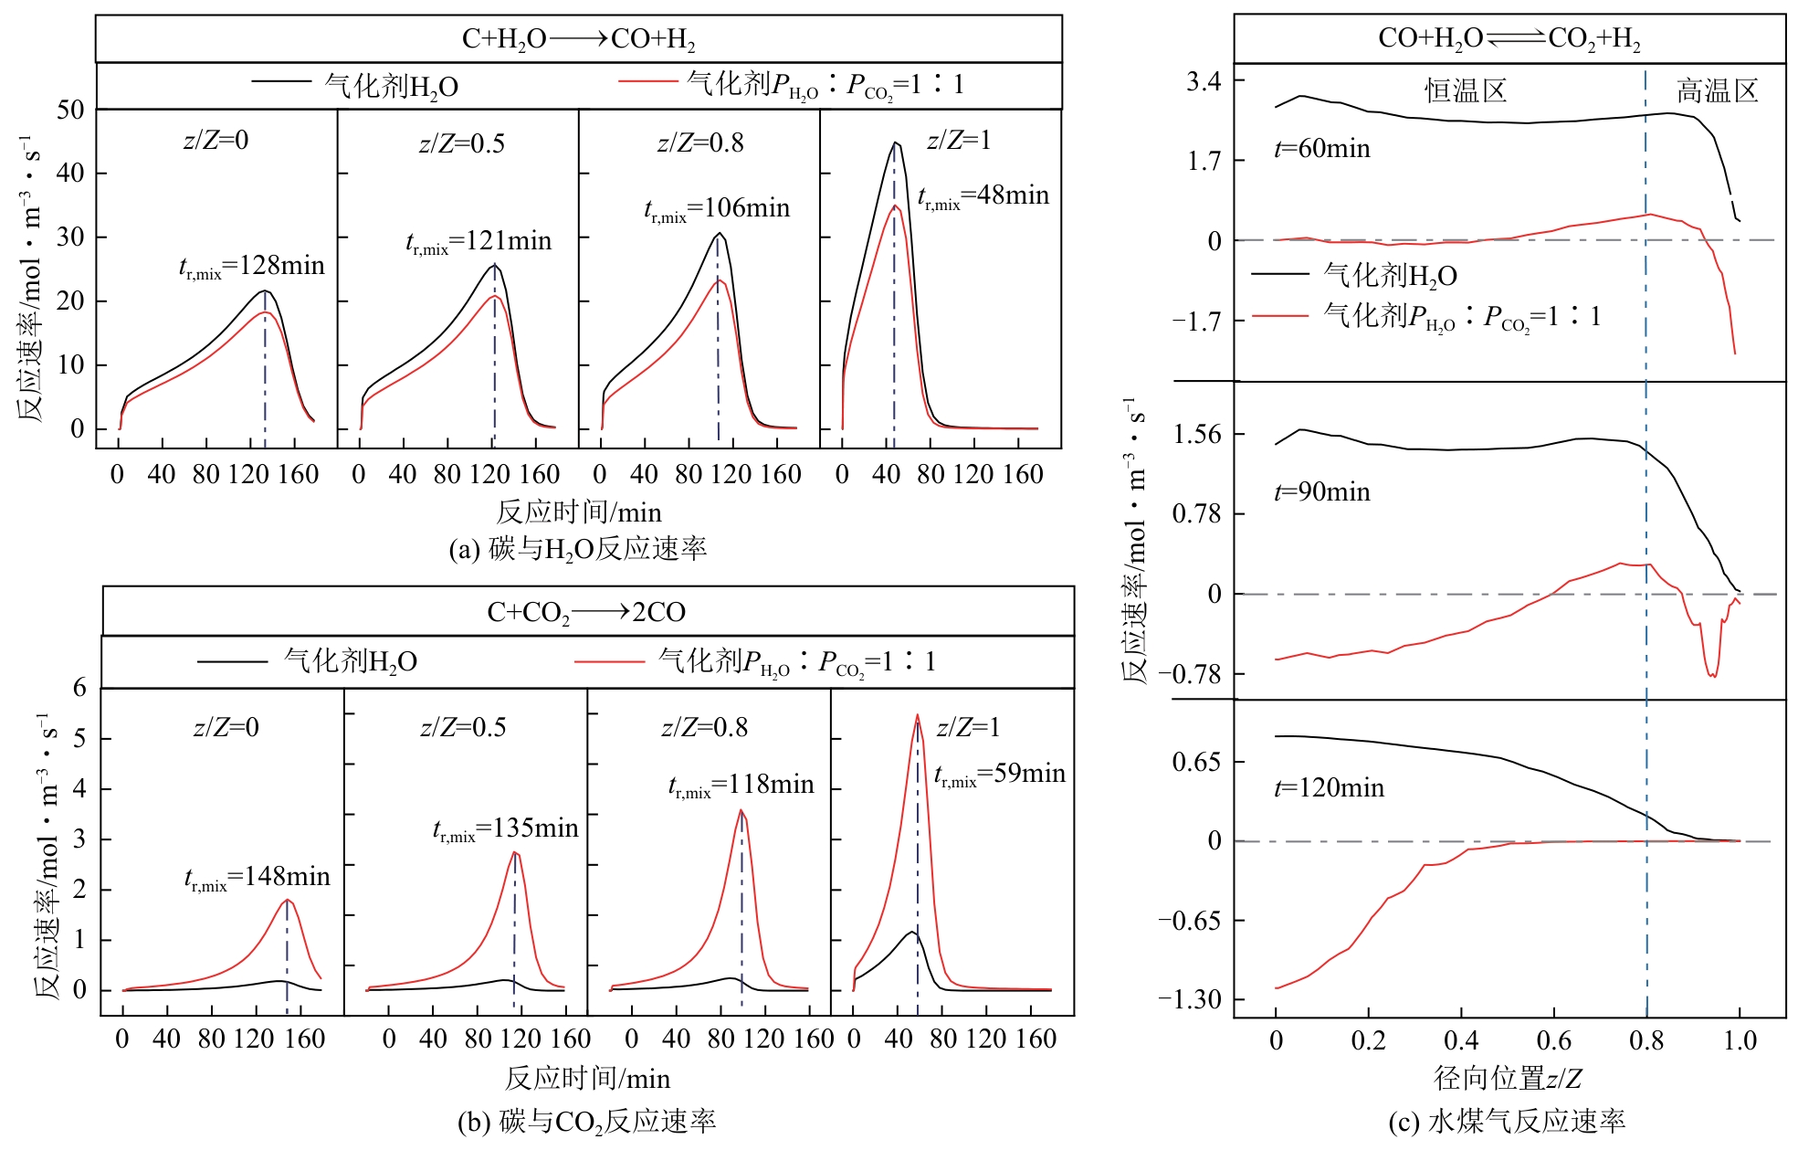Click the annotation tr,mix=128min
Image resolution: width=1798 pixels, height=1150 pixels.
[x=252, y=267]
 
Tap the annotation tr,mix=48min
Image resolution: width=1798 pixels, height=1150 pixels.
[x=983, y=196]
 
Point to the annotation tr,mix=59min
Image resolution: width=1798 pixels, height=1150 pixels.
[x=1000, y=775]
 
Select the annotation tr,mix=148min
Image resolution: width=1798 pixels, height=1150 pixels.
[x=258, y=878]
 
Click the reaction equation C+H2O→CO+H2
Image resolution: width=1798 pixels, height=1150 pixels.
[x=578, y=39]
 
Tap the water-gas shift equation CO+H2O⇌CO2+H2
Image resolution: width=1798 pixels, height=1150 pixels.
[x=1509, y=38]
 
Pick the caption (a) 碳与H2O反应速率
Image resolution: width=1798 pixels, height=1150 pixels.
[x=578, y=549]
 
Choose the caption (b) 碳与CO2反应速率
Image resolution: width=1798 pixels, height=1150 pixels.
[x=586, y=1122]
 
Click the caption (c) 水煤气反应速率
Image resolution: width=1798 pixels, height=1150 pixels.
[x=1507, y=1122]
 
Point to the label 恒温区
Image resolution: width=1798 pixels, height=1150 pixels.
[x=1466, y=91]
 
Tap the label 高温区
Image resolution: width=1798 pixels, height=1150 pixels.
[x=1717, y=91]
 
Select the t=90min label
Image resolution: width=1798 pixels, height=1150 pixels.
[x=1322, y=492]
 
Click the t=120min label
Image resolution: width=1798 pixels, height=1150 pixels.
[x=1329, y=788]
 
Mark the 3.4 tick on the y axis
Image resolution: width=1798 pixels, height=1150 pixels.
[x=1204, y=82]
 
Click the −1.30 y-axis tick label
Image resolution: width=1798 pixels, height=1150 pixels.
[x=1190, y=999]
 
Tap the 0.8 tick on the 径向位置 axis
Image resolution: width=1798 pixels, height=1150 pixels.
[x=1646, y=1040]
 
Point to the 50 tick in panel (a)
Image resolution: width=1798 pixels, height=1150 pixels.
[x=70, y=111]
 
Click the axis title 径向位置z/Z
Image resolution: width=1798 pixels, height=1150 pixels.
[x=1508, y=1079]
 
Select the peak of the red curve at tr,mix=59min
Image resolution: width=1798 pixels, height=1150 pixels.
[x=917, y=715]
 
